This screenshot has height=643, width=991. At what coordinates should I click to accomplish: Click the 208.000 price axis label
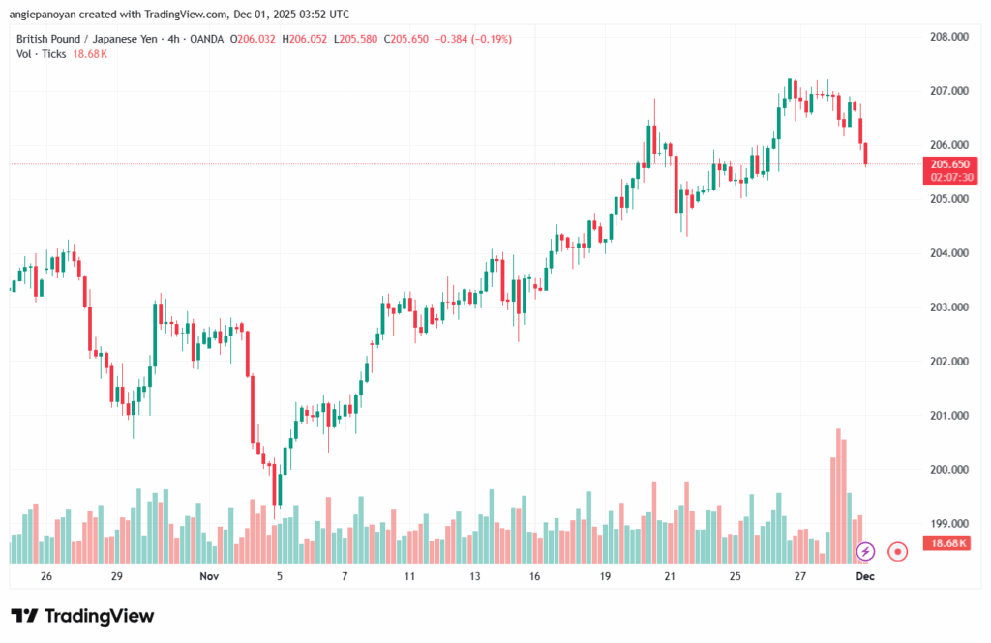pyautogui.click(x=949, y=37)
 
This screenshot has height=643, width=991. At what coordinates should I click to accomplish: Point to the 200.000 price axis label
pyautogui.click(x=949, y=470)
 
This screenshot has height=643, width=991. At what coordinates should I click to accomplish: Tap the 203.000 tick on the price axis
pyautogui.click(x=949, y=307)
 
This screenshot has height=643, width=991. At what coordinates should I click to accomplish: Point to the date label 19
pyautogui.click(x=605, y=576)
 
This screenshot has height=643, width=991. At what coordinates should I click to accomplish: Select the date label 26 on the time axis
pyautogui.click(x=46, y=576)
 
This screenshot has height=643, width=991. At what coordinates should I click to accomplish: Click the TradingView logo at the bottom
pyautogui.click(x=82, y=616)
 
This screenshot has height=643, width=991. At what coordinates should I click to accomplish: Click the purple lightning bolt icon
pyautogui.click(x=866, y=551)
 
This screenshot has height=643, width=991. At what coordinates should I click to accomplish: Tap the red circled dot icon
pyautogui.click(x=898, y=551)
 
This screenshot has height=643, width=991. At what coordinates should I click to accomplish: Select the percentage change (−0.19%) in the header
pyautogui.click(x=489, y=39)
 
